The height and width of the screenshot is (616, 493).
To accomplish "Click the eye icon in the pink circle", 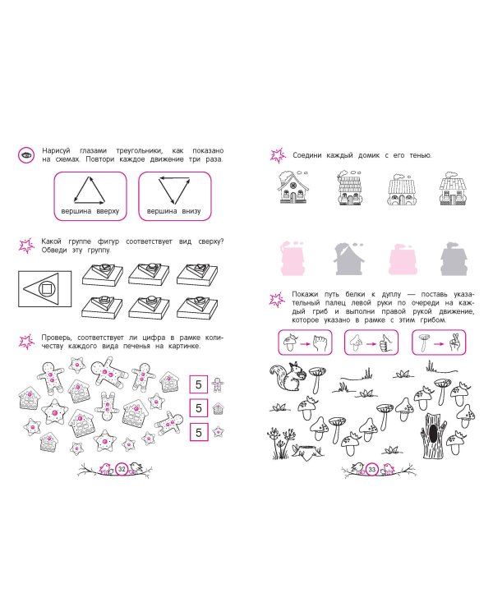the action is (26, 155).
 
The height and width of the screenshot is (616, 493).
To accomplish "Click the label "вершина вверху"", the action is (90, 211).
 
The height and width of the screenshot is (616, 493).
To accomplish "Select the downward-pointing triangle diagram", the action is (174, 191).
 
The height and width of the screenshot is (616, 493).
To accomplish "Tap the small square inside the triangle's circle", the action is (46, 289).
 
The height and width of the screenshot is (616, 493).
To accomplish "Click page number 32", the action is (122, 469).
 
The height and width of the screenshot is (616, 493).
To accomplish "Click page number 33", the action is (372, 469).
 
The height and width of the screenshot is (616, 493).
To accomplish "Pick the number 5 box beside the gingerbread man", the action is (199, 384).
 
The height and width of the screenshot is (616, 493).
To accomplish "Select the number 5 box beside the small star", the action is (199, 432).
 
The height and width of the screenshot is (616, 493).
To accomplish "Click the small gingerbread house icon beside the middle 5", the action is (218, 408).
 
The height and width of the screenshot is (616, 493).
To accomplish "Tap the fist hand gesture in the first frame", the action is (318, 342).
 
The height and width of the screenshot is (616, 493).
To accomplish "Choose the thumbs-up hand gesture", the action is (385, 343).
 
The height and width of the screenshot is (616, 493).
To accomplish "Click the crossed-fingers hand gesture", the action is (454, 342).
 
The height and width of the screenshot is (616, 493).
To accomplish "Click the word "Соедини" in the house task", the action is (307, 155).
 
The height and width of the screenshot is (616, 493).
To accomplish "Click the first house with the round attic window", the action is (293, 187).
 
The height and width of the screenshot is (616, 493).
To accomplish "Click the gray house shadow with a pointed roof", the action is (348, 259).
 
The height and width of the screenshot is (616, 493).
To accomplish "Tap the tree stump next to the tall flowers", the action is (307, 452).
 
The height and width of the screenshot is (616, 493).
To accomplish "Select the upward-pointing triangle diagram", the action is (90, 191).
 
